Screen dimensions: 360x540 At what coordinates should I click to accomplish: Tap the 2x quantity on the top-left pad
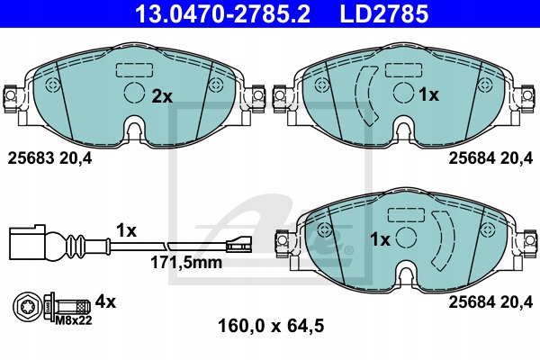pyautogui.click(x=162, y=94)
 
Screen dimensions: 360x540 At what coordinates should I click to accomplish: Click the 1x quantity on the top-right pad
pyautogui.click(x=429, y=94)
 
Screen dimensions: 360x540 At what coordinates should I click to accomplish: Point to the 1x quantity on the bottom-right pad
pyautogui.click(x=380, y=239)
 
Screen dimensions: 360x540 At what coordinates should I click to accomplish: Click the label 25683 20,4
pyautogui.click(x=51, y=158)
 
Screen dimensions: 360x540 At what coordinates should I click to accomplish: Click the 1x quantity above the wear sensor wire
pyautogui.click(x=125, y=230)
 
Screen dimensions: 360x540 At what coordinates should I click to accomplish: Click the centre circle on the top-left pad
pyautogui.click(x=132, y=93)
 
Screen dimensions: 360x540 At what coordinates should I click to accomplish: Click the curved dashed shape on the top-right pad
pyautogui.click(x=365, y=95)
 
